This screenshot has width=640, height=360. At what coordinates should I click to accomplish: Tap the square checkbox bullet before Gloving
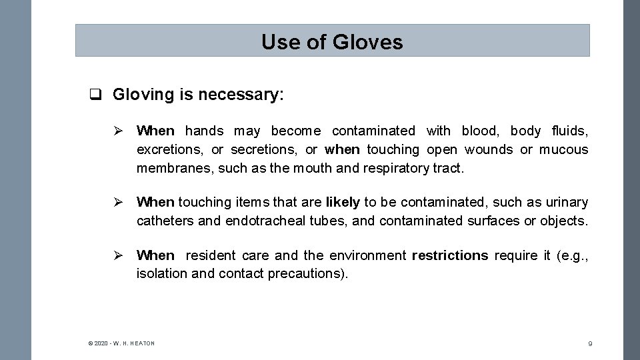coord(96,95)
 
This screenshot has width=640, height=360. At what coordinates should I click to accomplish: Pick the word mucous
coord(564,149)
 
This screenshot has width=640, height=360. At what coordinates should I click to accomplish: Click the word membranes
coord(175,169)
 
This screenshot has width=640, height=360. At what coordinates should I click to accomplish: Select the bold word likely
coord(343,202)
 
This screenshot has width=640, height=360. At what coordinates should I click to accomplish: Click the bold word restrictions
coord(450,255)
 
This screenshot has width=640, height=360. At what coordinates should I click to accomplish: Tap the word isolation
coord(162,274)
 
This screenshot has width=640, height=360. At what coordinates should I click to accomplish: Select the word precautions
coord(307,274)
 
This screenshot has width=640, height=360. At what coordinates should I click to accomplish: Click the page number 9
coord(590,343)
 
